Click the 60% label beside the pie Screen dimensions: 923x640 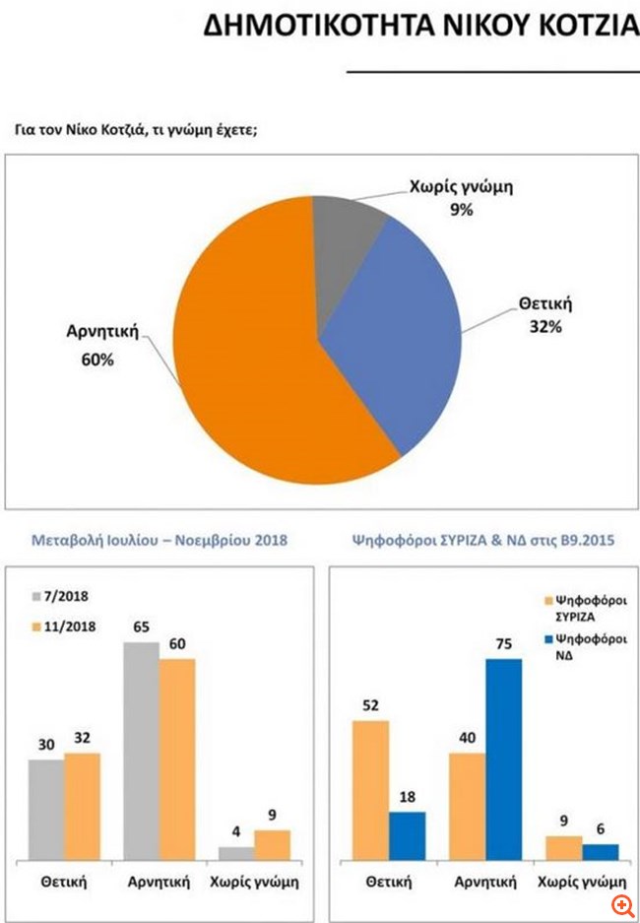(98, 361)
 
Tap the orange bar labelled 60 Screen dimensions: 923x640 (176, 758)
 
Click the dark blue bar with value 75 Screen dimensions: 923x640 (503, 758)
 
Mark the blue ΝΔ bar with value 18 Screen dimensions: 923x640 (407, 835)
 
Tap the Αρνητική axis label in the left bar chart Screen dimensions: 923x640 (158, 882)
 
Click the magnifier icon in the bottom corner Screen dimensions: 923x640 (622, 905)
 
